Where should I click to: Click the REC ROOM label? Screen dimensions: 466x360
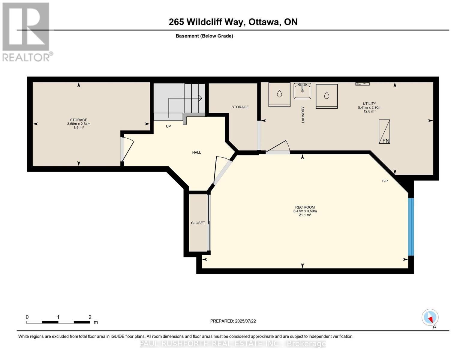pyautogui.click(x=305, y=207)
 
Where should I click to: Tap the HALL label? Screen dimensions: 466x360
pyautogui.click(x=197, y=152)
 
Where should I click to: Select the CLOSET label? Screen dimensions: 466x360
pyautogui.click(x=198, y=223)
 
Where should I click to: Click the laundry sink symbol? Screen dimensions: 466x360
pyautogui.click(x=302, y=91)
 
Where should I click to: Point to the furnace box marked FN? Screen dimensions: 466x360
pyautogui.click(x=384, y=131)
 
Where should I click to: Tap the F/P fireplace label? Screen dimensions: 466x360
pyautogui.click(x=385, y=181)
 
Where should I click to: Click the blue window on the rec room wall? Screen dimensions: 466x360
pyautogui.click(x=411, y=227)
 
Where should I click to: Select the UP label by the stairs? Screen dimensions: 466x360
pyautogui.click(x=168, y=126)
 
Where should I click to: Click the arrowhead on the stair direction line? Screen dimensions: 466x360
pyautogui.click(x=200, y=98)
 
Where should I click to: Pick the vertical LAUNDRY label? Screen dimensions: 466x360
pyautogui.click(x=303, y=115)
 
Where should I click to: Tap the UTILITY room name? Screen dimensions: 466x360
pyautogui.click(x=369, y=103)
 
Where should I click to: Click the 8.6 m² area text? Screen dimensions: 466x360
pyautogui.click(x=79, y=127)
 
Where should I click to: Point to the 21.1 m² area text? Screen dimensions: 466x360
pyautogui.click(x=305, y=215)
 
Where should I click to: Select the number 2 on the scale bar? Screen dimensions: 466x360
pyautogui.click(x=90, y=317)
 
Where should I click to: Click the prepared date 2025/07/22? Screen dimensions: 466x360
pyautogui.click(x=245, y=321)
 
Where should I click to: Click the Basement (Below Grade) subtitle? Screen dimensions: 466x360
pyautogui.click(x=204, y=36)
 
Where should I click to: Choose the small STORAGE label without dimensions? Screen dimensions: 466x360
pyautogui.click(x=240, y=107)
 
